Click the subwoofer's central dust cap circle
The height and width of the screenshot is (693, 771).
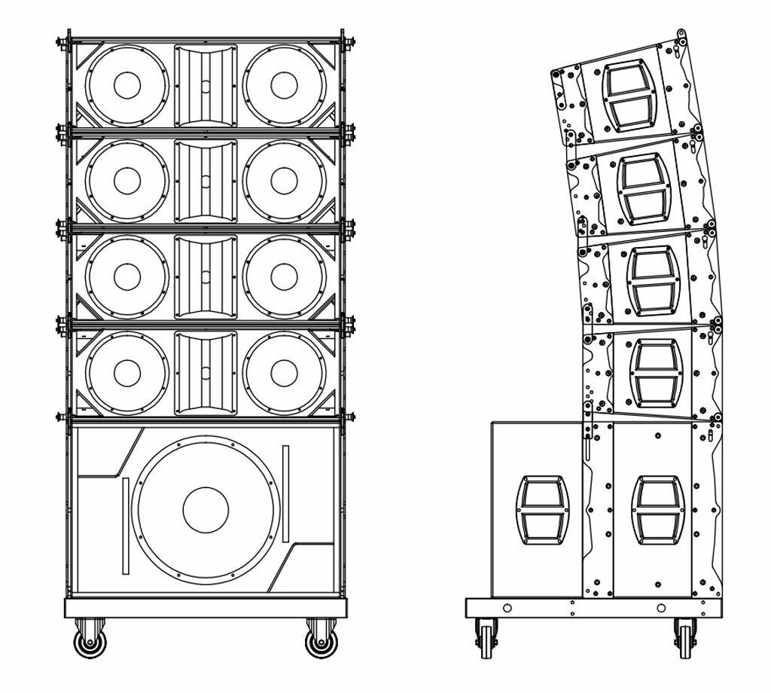point(206,509)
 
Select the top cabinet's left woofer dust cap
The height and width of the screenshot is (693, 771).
point(127,85)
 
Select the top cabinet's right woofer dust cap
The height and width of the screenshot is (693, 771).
point(284,85)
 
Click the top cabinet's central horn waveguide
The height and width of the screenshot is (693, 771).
point(206,85)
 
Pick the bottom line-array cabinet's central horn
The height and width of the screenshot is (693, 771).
point(206,372)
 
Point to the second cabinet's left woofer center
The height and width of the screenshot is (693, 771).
point(127,180)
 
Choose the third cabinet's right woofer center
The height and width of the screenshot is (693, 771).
point(284,276)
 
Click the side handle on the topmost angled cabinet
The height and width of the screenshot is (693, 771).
point(629,94)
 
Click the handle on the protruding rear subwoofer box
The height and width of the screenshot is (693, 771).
point(542,508)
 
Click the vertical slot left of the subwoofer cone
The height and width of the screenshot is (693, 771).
point(126,525)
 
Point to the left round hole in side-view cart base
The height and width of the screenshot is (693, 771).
point(507,608)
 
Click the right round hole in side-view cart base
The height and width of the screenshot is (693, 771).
point(661,608)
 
